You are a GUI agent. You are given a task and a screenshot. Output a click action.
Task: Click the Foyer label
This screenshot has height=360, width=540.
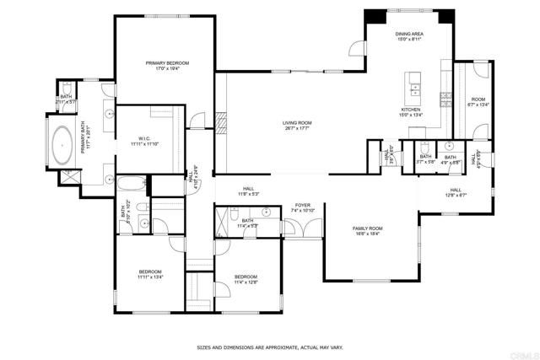[301, 207]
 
